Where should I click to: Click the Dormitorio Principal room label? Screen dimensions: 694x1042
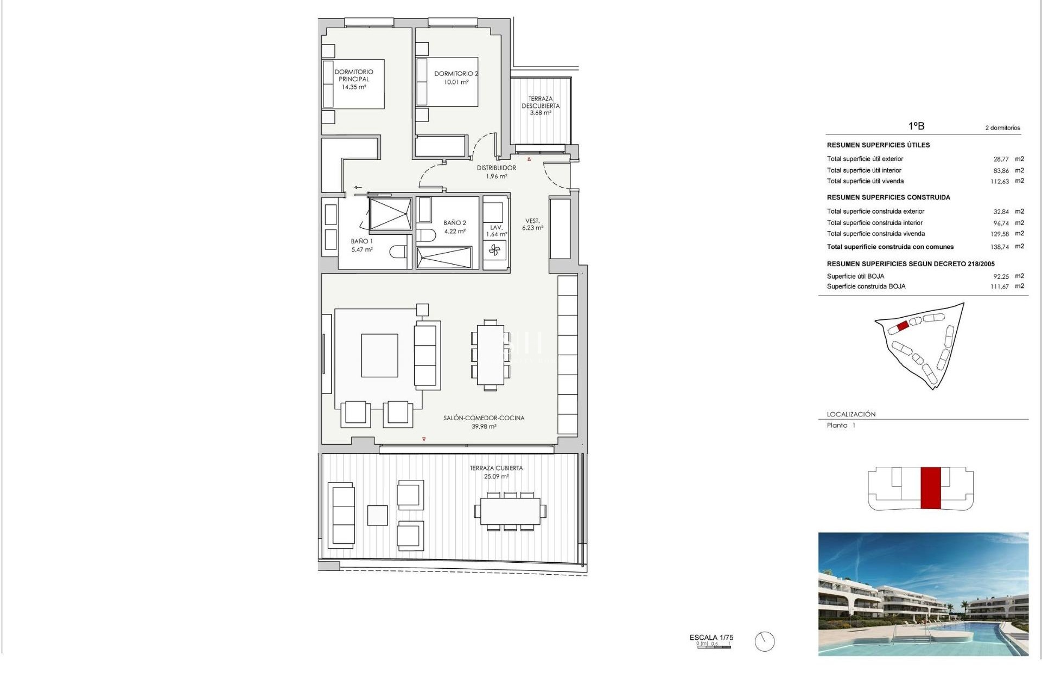coord(354,79)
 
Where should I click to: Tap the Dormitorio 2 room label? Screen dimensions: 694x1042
coord(456,78)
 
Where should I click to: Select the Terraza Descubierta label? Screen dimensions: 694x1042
coord(541,106)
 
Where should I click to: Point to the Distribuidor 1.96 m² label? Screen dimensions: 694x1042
coord(497,172)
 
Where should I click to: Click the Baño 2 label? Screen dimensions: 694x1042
coord(455,227)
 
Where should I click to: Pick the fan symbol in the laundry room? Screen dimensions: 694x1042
coord(494,250)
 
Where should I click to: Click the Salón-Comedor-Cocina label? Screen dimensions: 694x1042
coord(484,422)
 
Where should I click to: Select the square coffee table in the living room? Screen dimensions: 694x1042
coord(379,355)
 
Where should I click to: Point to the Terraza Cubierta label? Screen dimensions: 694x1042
coord(497,472)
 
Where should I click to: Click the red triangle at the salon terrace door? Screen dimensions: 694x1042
coord(424,439)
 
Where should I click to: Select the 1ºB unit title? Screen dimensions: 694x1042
coord(916,126)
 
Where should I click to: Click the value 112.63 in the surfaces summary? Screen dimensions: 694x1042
coord(999,182)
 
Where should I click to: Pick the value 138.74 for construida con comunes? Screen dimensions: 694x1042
coord(999,247)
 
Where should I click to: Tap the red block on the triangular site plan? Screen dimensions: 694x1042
coord(903,326)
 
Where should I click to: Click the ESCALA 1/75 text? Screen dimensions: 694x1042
coord(711,638)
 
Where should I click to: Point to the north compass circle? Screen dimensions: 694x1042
coord(765,642)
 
